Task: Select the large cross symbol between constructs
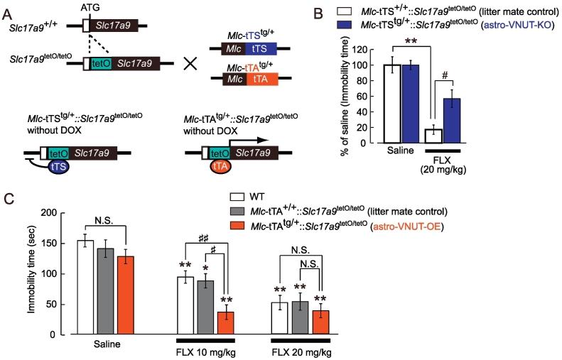point(190,62)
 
